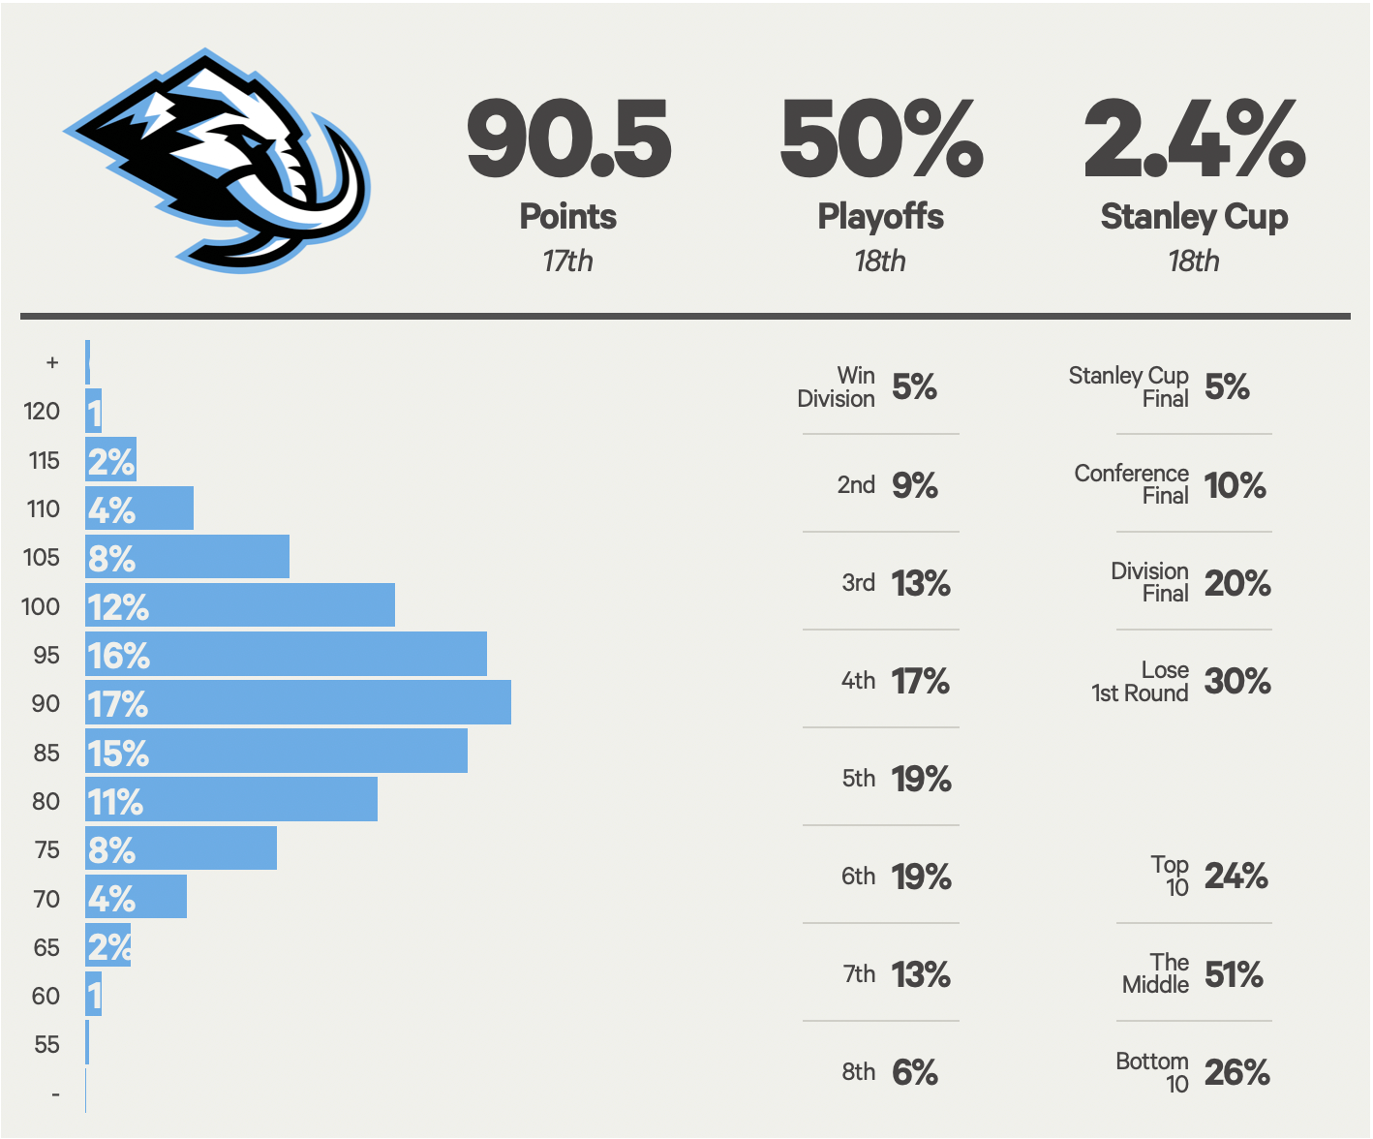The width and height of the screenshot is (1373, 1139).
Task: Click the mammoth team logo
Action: pyautogui.click(x=219, y=160)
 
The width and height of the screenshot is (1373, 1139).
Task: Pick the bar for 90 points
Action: pyautogui.click(x=298, y=703)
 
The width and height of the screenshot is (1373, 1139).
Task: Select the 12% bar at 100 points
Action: pyautogui.click(x=240, y=606)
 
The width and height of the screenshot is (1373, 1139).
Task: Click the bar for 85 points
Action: pyautogui.click(x=276, y=753)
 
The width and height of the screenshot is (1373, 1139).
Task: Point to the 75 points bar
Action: pyautogui.click(x=181, y=849)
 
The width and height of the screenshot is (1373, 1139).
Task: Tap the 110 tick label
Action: pyautogui.click(x=44, y=508)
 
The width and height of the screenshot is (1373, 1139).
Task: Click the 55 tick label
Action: pyautogui.click(x=46, y=1044)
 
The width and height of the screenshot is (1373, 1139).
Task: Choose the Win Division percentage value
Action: pyautogui.click(x=914, y=387)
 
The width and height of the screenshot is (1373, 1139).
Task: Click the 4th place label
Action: pyautogui.click(x=858, y=681)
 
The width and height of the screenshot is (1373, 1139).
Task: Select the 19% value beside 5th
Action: pyautogui.click(x=921, y=779)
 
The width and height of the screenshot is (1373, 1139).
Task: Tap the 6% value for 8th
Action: pyautogui.click(x=914, y=1072)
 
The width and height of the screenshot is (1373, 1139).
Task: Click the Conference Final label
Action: pyautogui.click(x=1131, y=484)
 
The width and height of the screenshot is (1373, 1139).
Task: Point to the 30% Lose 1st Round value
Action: pyautogui.click(x=1236, y=681)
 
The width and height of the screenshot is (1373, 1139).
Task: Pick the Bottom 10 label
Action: pyautogui.click(x=1151, y=1072)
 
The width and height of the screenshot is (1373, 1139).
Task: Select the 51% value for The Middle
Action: pyautogui.click(x=1233, y=974)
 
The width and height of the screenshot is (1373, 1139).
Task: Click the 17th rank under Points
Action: pyautogui.click(x=567, y=262)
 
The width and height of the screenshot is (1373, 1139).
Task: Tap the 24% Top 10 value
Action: pyautogui.click(x=1236, y=877)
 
